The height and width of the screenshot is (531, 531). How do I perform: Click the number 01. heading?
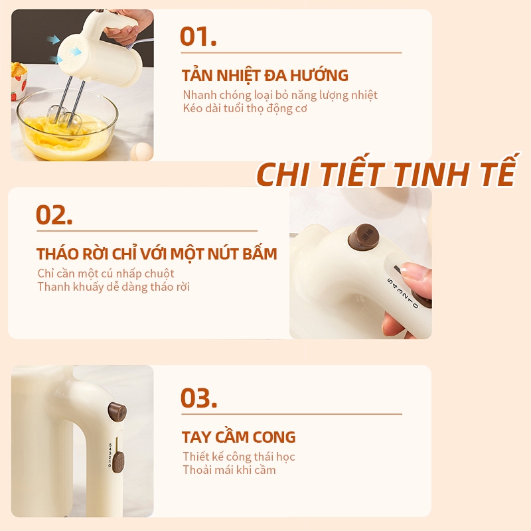point(198,37)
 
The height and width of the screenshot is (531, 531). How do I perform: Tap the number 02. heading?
point(54,214)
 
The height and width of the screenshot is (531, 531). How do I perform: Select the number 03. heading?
point(198,398)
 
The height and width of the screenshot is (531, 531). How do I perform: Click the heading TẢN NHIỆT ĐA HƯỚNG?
point(265,75)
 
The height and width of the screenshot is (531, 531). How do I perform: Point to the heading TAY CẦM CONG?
point(239,437)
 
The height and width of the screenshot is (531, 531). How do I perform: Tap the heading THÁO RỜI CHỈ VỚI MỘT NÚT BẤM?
point(157,254)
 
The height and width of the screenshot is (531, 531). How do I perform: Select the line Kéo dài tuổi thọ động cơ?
point(245,109)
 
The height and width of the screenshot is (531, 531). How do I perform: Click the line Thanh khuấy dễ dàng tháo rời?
point(114,287)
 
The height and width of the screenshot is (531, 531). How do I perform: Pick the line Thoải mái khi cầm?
point(229,470)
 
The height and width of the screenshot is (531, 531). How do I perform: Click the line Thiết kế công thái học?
point(239,457)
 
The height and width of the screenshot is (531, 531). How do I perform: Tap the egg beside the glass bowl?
point(141,151)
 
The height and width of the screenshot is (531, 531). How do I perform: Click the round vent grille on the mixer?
point(70,54)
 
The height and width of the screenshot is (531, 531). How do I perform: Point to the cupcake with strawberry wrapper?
point(18,80)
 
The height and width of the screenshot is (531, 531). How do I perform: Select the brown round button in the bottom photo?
point(117,412)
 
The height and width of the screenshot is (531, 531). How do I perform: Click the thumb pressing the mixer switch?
point(416,273)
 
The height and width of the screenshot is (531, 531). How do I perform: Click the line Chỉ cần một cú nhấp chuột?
point(106,273)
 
